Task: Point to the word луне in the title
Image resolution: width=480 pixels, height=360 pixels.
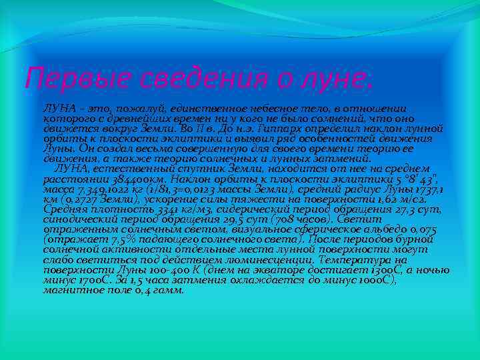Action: tap(327, 79)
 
